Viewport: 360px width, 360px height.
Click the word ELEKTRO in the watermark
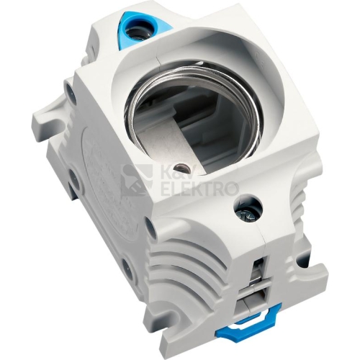pyautogui.click(x=199, y=187)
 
